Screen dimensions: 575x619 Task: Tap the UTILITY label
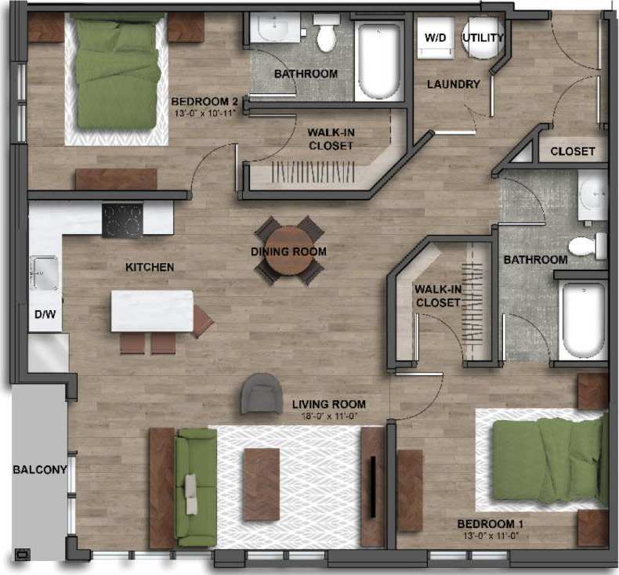(x=483, y=38)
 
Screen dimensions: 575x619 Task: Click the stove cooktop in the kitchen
(x=122, y=220)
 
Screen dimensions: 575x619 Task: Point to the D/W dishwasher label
(x=44, y=315)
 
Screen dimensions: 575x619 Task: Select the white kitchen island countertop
(x=152, y=311)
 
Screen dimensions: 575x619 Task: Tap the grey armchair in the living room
(x=262, y=393)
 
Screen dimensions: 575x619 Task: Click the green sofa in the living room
(x=194, y=486)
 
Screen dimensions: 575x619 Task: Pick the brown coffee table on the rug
(x=261, y=484)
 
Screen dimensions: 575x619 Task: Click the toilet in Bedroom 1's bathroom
(x=586, y=245)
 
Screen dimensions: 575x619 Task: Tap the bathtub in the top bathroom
(x=378, y=60)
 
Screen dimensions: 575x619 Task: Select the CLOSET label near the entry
(x=572, y=151)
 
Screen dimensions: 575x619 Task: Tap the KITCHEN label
(x=150, y=267)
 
